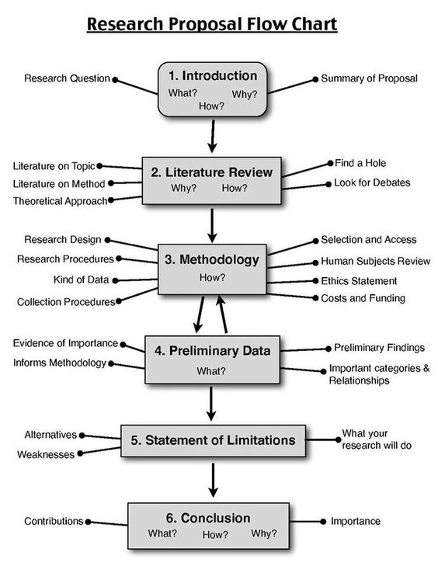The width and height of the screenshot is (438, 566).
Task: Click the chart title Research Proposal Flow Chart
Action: click(x=211, y=25)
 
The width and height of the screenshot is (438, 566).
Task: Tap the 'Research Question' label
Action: click(x=66, y=78)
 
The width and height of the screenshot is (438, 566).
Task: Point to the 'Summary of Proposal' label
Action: click(x=369, y=78)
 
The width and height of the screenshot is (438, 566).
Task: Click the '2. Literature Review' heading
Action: click(x=212, y=172)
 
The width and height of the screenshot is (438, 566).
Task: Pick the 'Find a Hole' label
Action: click(x=360, y=163)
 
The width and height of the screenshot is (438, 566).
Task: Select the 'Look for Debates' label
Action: click(x=372, y=183)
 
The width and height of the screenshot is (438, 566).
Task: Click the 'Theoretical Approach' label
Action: click(x=59, y=201)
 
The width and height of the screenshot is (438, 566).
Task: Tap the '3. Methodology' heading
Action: click(x=212, y=259)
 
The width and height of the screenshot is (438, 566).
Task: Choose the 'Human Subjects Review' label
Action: click(x=375, y=262)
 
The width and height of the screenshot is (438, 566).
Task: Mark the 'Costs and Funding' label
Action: click(x=363, y=298)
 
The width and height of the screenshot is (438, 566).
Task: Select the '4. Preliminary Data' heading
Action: click(x=212, y=351)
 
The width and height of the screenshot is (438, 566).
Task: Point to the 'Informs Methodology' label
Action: click(x=59, y=363)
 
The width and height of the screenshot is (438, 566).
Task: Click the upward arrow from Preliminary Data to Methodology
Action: click(x=224, y=314)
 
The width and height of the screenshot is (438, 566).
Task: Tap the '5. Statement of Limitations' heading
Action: click(x=213, y=440)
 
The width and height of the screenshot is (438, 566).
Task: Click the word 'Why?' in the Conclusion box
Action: click(x=263, y=534)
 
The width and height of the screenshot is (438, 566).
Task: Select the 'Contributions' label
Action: click(x=53, y=522)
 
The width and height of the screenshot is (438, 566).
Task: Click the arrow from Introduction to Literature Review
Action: click(x=211, y=137)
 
